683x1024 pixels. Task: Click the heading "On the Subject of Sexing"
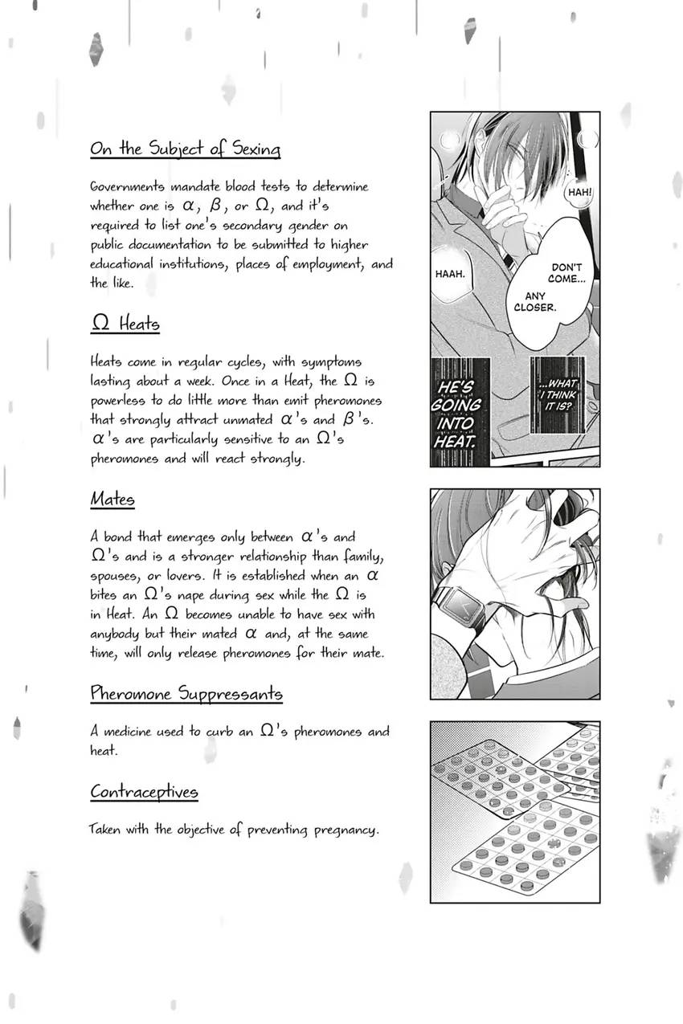tap(185, 149)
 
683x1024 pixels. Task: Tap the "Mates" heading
tap(112, 500)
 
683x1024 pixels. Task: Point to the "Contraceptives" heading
tap(144, 792)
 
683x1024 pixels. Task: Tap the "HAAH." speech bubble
tap(450, 274)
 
